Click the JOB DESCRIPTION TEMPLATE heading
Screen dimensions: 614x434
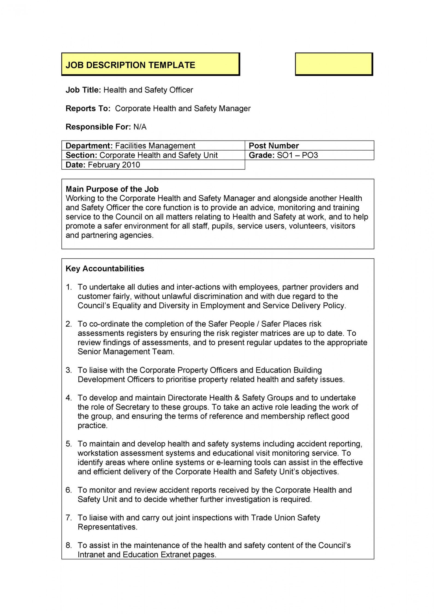(130, 65)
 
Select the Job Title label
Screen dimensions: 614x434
(83, 90)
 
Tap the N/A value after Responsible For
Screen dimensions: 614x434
(140, 127)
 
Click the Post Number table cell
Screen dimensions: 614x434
(274, 146)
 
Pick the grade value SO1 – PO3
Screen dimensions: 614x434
(297, 155)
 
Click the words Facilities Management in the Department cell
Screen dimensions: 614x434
(155, 146)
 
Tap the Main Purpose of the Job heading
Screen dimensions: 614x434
(112, 189)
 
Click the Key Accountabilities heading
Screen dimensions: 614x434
(105, 269)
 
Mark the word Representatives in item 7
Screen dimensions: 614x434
(107, 527)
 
